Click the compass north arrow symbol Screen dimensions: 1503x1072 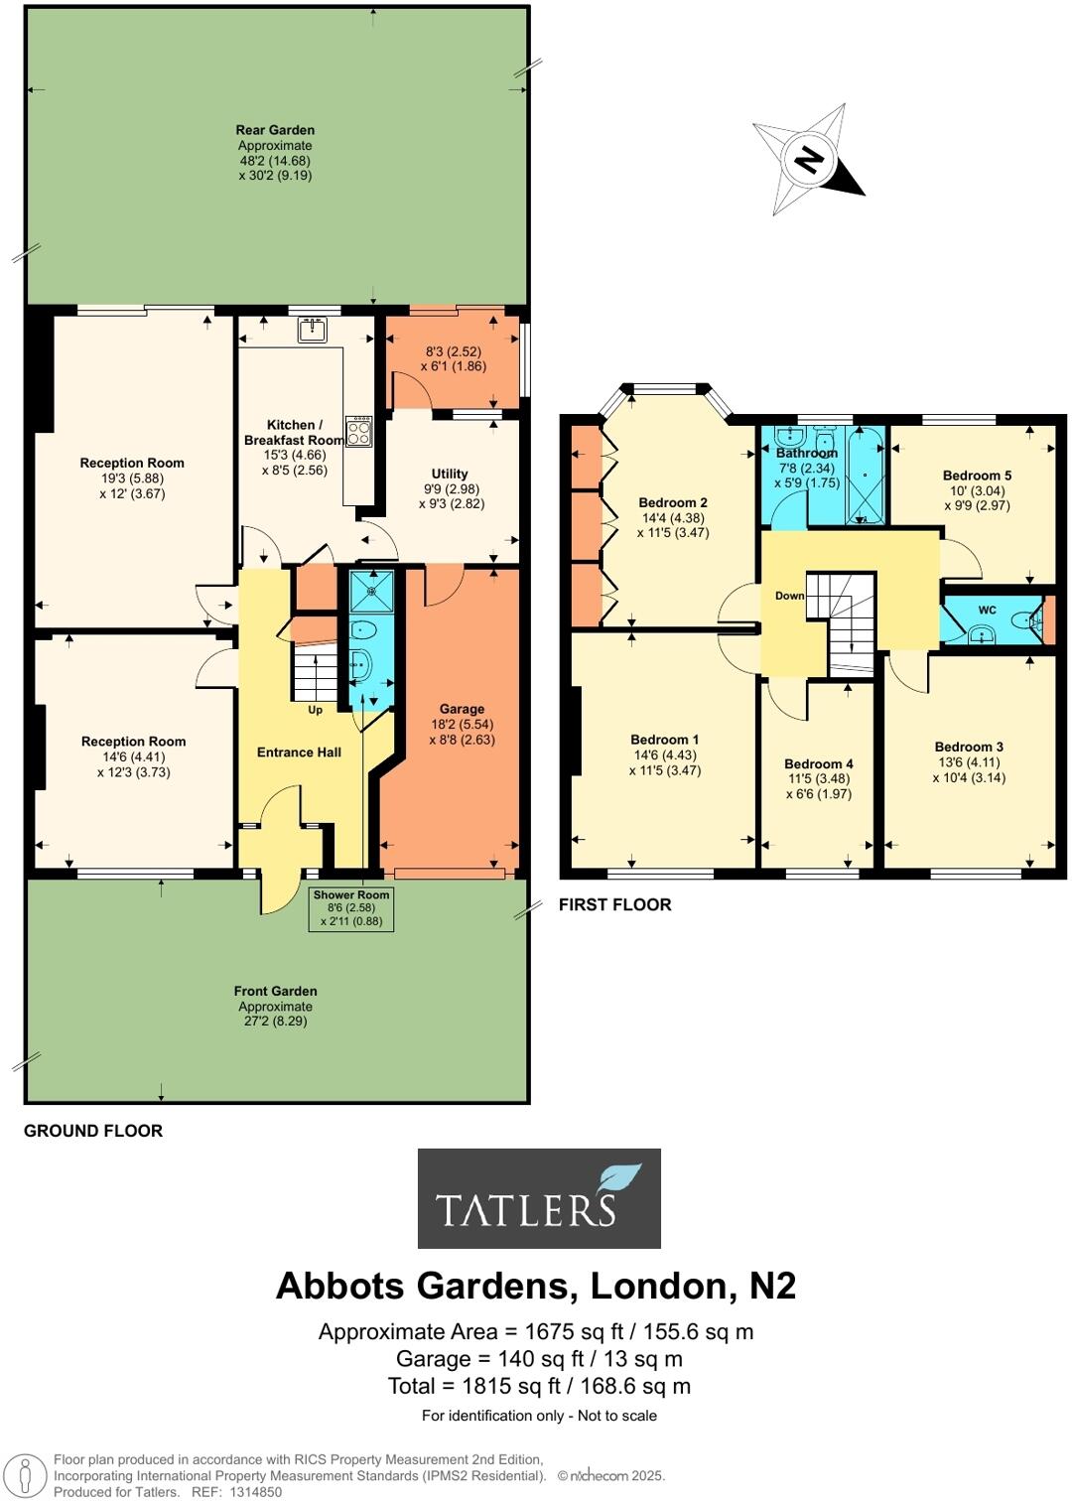pos(810,160)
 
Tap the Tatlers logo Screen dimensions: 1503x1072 pos(539,1198)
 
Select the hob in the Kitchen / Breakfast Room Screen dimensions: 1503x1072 pos(358,431)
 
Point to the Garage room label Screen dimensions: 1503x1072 pos(462,709)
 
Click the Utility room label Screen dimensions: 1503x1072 pos(450,474)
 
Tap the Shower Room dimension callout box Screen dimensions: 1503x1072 pos(351,908)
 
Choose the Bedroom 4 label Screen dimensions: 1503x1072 pos(819,763)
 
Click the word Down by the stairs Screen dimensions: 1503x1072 pos(790,596)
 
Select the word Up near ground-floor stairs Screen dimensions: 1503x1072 pos(316,710)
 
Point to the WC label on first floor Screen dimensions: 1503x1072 pos(987,610)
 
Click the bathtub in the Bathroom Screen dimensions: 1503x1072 pos(867,475)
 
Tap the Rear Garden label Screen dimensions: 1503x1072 pos(275,130)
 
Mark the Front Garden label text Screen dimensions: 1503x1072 pos(275,991)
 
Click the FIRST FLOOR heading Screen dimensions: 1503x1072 pos(614,904)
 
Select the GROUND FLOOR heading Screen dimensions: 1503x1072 pos(93,1131)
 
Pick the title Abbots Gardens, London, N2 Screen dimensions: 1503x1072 pos(536,1286)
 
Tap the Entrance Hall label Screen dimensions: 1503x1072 pos(299,751)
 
